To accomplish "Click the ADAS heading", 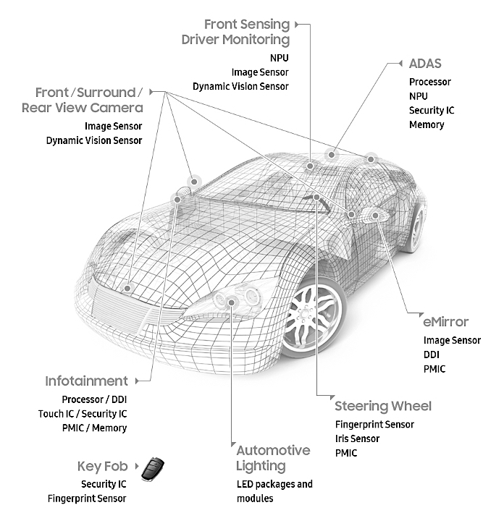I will [425, 64].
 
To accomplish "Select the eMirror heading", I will [445, 322].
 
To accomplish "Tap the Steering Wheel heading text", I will [382, 405].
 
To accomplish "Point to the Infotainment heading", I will [86, 381].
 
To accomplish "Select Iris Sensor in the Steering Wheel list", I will [357, 438].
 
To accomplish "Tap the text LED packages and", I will [274, 483].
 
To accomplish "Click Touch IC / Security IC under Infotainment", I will [83, 414].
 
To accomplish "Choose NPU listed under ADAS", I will [418, 96].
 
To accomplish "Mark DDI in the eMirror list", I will [431, 355].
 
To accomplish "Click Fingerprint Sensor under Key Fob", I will [87, 498].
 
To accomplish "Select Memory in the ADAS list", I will [427, 124].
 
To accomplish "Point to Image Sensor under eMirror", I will [452, 340].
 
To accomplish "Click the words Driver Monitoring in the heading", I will [235, 40].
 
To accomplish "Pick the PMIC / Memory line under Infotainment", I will [94, 428].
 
